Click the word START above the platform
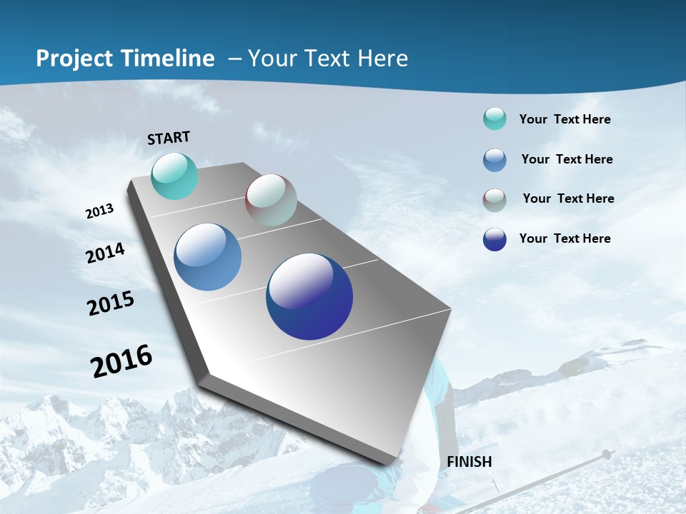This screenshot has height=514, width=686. (169, 138)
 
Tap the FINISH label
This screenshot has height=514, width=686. (469, 462)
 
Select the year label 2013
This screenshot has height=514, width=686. (99, 211)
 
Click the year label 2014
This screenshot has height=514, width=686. (106, 253)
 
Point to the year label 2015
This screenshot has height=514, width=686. (111, 303)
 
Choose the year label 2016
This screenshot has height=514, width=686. (121, 361)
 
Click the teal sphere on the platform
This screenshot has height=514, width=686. (175, 176)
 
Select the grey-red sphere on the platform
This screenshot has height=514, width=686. (271, 200)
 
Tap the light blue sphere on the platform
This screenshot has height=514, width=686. (208, 257)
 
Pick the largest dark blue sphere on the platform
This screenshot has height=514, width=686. (309, 296)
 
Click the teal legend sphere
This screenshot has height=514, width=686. (494, 119)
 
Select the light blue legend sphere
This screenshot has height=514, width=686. (494, 160)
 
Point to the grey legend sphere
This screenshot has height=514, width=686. (494, 200)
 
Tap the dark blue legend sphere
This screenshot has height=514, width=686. (494, 239)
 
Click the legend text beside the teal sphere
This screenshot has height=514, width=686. (565, 119)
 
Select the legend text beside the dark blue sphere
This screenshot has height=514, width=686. (565, 238)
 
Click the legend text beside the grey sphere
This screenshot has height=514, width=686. (568, 198)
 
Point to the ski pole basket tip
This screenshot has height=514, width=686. (607, 453)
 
